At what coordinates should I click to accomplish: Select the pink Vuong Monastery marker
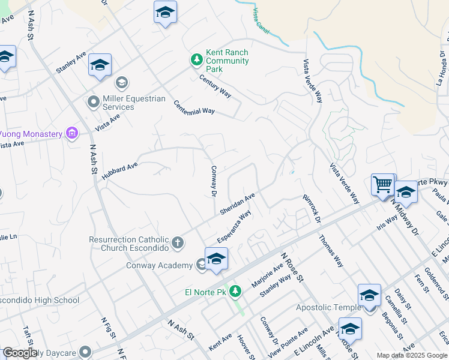72,133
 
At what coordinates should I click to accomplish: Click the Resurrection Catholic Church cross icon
177,243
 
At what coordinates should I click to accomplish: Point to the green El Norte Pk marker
236,292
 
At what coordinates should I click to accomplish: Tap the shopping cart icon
382,184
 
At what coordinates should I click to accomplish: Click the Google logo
19,353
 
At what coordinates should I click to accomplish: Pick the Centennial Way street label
194,107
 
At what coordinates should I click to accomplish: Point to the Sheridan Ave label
238,204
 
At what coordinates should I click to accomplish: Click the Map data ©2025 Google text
411,355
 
